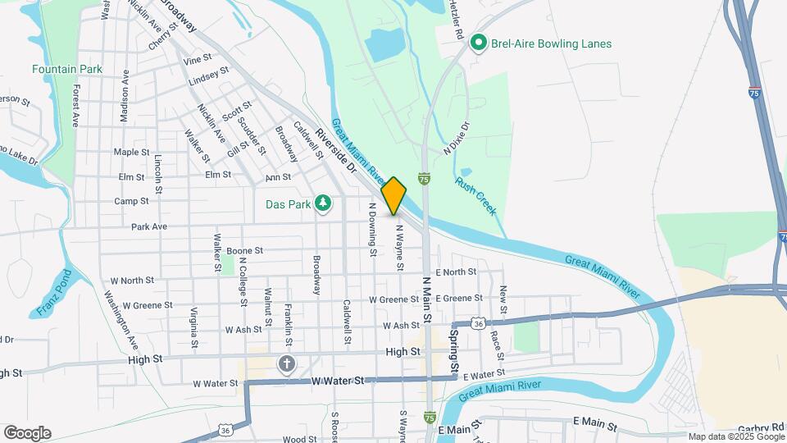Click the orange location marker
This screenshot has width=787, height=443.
(x=393, y=195)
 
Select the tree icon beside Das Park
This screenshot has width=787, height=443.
(x=324, y=202)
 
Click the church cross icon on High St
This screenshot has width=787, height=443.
(x=286, y=363)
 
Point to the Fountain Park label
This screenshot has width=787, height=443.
(x=67, y=69)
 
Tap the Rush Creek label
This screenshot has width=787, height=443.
(x=476, y=197)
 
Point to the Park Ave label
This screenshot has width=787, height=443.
(x=148, y=226)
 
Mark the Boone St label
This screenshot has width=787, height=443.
(x=244, y=250)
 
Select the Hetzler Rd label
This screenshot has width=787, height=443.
(x=457, y=22)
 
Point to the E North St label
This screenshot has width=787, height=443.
(x=456, y=272)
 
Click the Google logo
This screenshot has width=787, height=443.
(x=27, y=433)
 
